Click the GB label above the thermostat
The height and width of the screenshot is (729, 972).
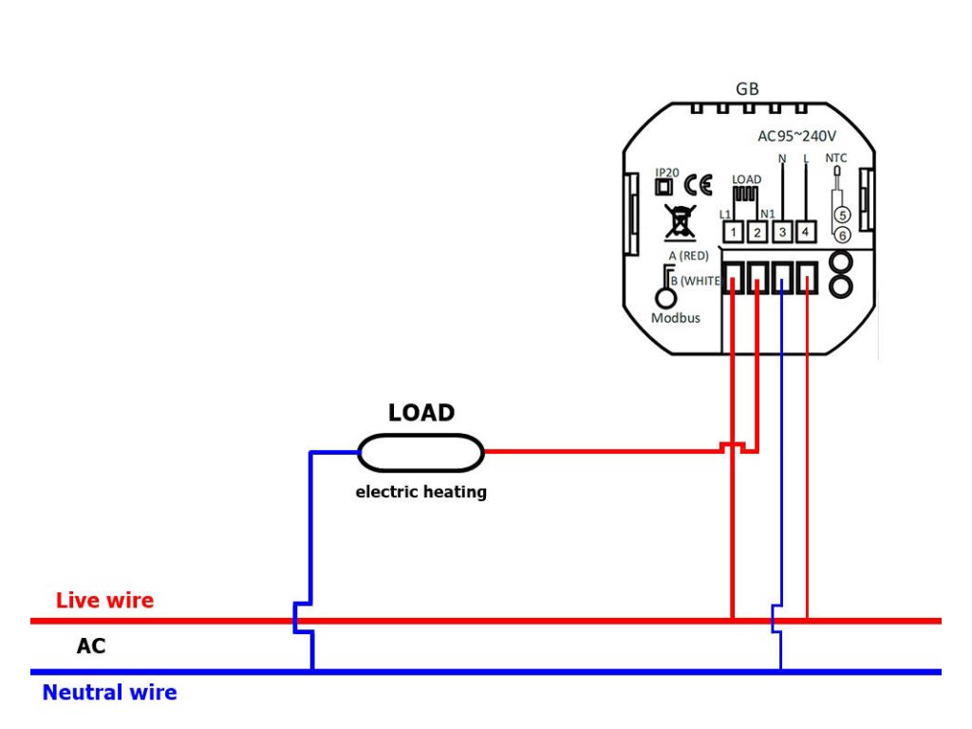coord(747,89)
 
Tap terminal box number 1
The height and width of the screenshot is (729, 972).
coord(732,231)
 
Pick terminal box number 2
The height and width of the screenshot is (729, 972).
coord(757,231)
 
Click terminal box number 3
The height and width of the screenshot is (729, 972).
coord(781,231)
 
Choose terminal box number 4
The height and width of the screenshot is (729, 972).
coord(805,231)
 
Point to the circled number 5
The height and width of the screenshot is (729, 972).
coord(841,215)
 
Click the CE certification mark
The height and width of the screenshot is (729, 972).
coord(698,185)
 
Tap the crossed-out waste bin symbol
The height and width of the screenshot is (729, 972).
coord(678,221)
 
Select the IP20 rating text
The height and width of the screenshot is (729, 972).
coord(666,172)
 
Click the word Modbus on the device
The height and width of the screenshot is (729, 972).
coord(676,318)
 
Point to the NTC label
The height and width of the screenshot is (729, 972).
coord(835,158)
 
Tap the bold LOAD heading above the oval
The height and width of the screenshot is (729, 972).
coord(421,414)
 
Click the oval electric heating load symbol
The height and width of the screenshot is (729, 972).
coord(421,453)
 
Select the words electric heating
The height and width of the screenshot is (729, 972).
coord(421,492)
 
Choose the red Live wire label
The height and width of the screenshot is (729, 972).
coord(104,601)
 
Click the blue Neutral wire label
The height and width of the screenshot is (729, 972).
coord(109,693)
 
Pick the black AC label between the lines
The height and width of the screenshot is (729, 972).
coord(91,647)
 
